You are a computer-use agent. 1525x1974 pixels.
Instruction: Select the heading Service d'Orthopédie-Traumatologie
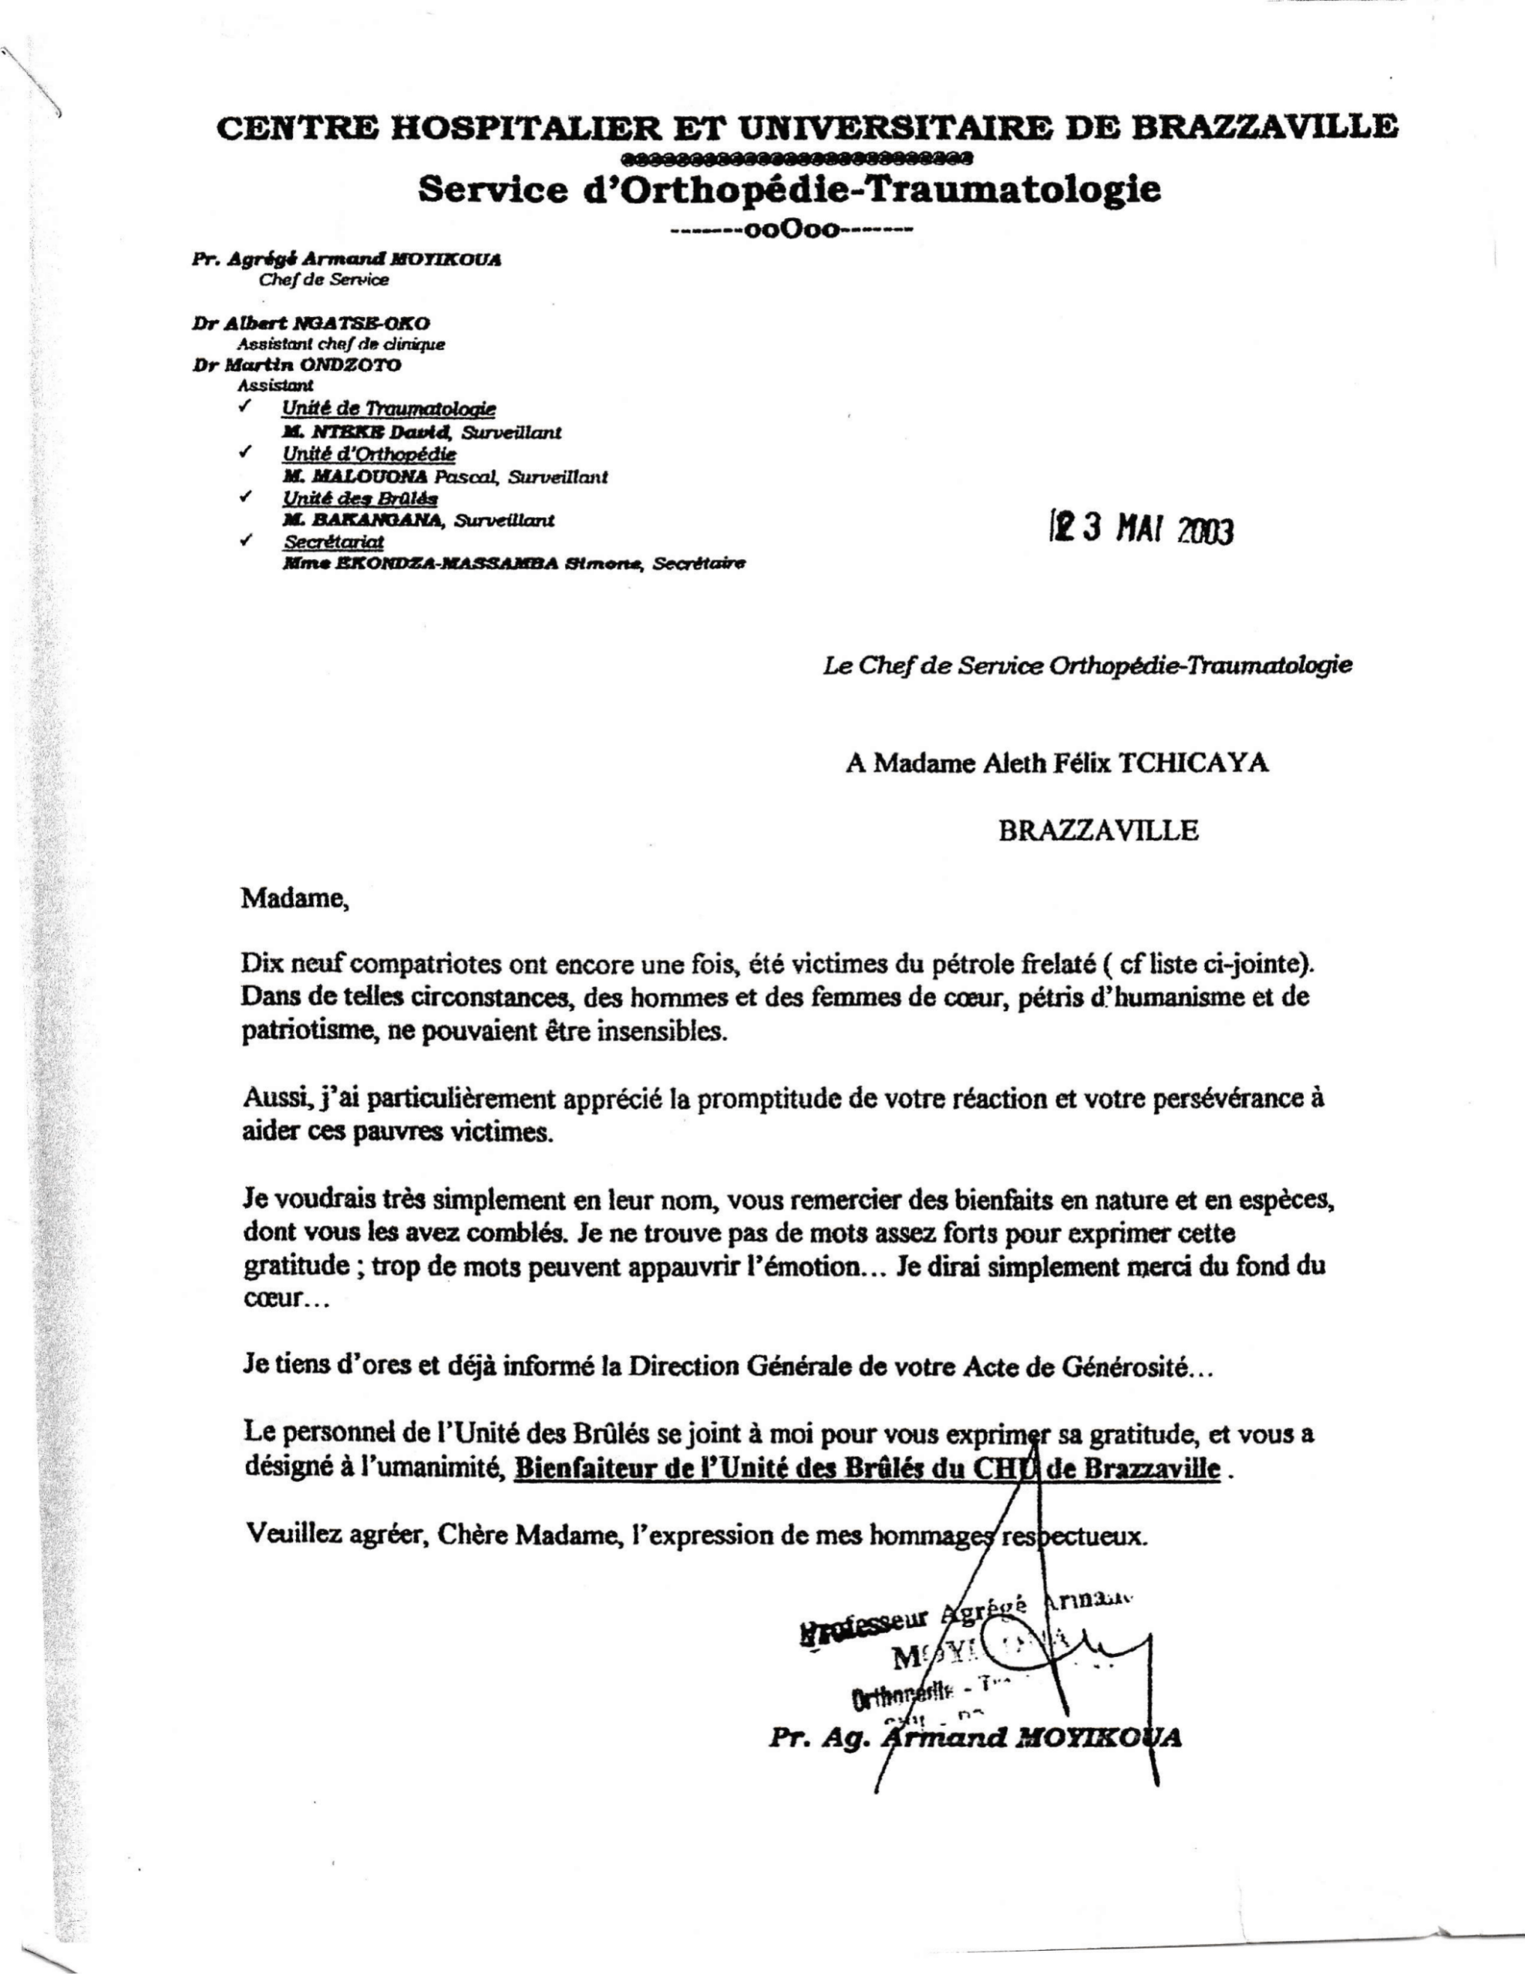(789, 190)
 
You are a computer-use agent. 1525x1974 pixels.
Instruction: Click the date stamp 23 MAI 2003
(1141, 530)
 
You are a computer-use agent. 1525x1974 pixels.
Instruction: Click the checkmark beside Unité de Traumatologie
(244, 406)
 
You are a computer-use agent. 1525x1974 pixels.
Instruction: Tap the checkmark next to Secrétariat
(244, 541)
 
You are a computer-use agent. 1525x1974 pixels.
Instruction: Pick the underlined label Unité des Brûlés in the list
(360, 498)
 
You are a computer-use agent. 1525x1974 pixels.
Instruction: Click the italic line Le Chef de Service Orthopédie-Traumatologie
(1088, 666)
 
